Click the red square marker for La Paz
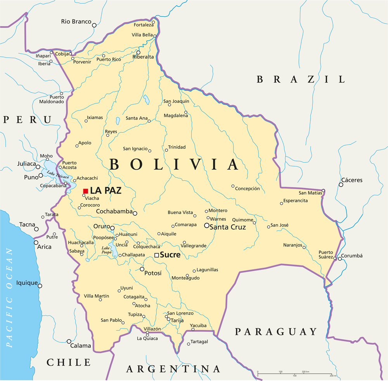click(85, 191)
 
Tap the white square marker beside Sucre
click(156, 255)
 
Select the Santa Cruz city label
click(227, 227)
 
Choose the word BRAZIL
click(301, 80)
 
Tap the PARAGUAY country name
click(276, 332)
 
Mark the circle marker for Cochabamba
click(135, 213)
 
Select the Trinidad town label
click(177, 147)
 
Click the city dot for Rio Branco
click(94, 25)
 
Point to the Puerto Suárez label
click(326, 255)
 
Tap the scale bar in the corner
click(294, 375)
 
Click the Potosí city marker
click(142, 269)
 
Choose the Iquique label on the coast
click(27, 283)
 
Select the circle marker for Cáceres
click(341, 185)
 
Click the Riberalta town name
click(143, 57)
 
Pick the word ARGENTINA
click(173, 369)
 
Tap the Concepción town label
click(247, 189)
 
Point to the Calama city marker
click(69, 342)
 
